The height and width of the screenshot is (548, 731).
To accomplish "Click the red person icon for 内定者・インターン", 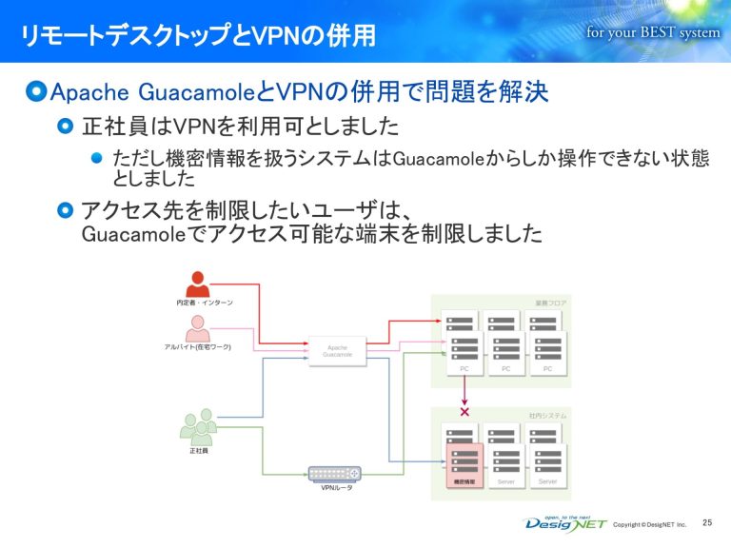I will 198,284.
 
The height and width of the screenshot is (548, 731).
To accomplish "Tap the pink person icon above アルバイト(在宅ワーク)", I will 198,328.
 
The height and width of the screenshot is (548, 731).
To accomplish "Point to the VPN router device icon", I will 334,473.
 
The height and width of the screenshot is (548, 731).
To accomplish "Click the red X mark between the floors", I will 464,412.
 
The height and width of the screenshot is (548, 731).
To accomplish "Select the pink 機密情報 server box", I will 465,462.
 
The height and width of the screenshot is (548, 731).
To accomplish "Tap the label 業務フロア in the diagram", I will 550,303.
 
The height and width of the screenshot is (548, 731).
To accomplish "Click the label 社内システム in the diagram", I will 547,416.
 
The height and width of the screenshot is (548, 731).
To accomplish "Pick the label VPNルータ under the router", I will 334,489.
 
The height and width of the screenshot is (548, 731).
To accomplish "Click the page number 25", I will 706,522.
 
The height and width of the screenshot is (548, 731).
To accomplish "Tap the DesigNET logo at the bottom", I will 565,523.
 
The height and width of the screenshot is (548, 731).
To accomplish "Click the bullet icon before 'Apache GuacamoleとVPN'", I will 36,92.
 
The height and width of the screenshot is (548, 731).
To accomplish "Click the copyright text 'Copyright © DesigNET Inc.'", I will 650,525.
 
